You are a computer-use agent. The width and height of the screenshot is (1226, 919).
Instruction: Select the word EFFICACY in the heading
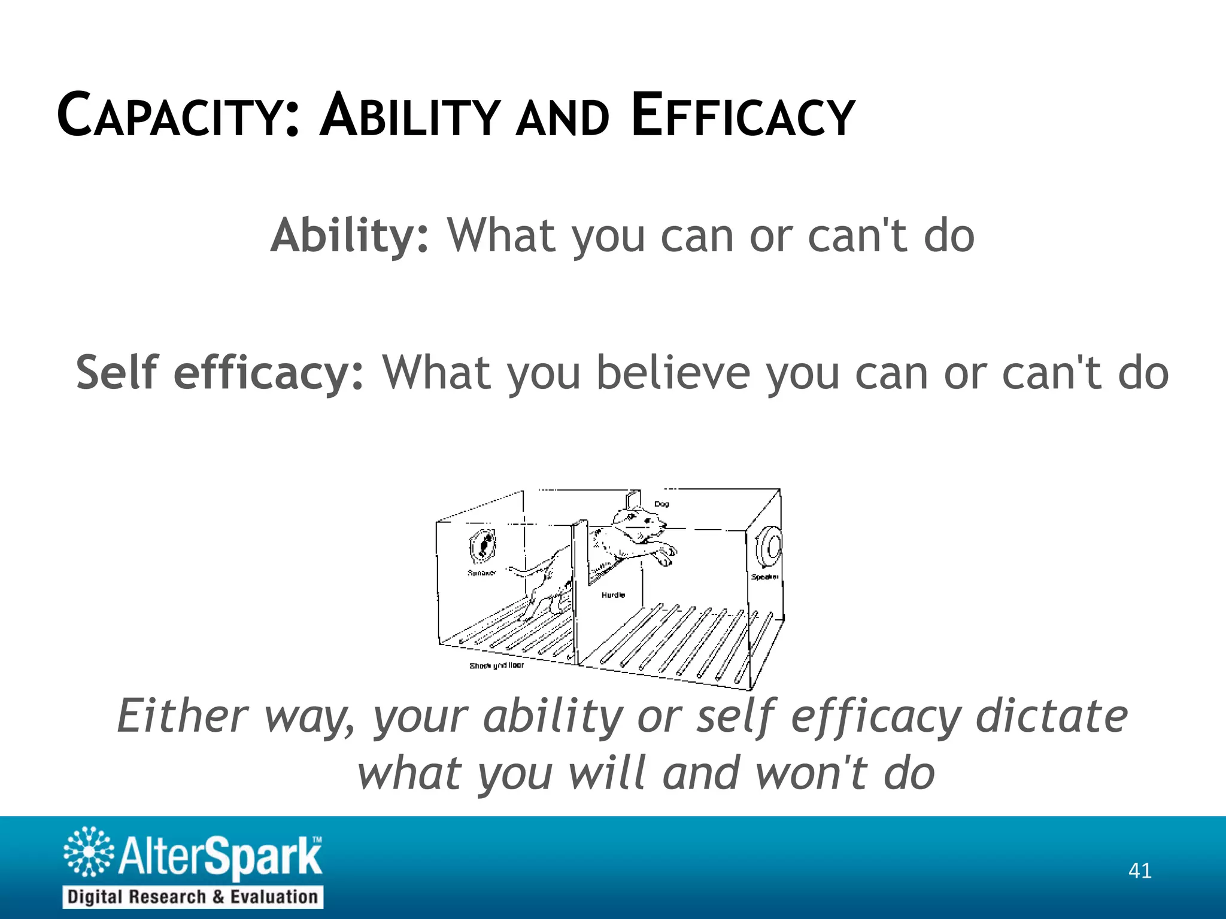[x=742, y=115]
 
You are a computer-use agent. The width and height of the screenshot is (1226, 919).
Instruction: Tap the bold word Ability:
[x=349, y=236]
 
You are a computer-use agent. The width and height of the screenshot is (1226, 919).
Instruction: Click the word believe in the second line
[x=673, y=373]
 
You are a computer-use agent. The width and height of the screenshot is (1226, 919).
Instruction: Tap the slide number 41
[x=1139, y=871]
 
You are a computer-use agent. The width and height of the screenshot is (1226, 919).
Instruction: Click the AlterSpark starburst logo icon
[x=88, y=852]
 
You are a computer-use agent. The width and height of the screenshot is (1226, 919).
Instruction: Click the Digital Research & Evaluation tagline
[x=193, y=897]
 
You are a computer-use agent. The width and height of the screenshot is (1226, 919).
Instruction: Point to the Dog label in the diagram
[x=661, y=504]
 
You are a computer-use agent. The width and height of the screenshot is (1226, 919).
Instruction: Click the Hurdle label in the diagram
[x=613, y=595]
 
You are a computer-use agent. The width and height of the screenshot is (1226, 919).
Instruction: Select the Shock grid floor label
[x=496, y=665]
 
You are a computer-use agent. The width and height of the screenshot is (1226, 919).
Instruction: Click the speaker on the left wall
[x=482, y=546]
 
